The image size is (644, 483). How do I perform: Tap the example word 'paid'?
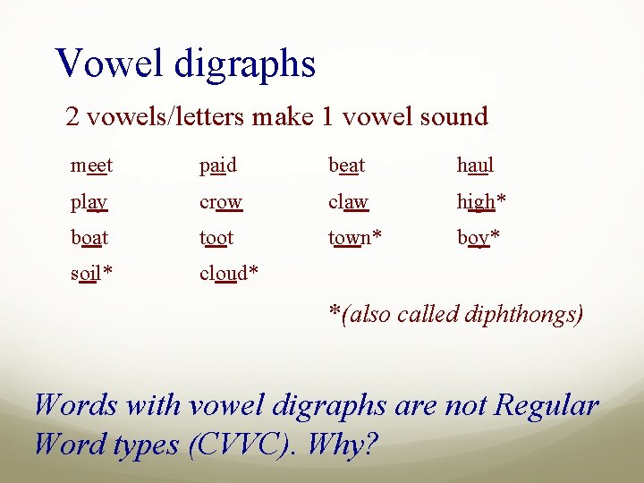click(x=218, y=165)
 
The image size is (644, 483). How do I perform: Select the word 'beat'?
click(x=347, y=165)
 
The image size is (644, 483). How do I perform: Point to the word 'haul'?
click(x=475, y=165)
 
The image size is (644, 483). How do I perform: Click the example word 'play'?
click(x=89, y=202)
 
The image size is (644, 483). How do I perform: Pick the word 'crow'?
click(x=221, y=202)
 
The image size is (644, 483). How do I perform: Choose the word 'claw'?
click(x=349, y=202)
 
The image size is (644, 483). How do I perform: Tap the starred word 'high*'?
click(x=481, y=202)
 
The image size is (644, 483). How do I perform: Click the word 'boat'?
click(x=89, y=238)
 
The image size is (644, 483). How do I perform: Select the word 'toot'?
click(x=217, y=238)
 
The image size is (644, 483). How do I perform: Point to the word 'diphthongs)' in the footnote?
click(x=529, y=314)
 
